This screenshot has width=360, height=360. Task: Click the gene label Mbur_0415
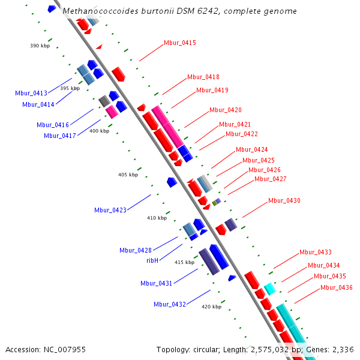coord(180,43)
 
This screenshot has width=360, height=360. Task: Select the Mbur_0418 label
coord(203,77)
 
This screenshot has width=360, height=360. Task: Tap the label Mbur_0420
coord(226,110)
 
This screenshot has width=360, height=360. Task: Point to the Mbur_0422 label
coord(242,134)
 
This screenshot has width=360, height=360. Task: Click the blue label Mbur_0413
coord(31,93)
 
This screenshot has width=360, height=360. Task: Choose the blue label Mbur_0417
coord(60,136)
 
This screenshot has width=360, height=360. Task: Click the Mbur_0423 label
coord(110,210)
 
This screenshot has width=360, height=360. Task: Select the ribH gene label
coord(152,260)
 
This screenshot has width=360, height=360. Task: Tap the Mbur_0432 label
coord(170,304)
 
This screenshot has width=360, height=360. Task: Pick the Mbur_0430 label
coord(284,200)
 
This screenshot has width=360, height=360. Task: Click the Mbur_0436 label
coord(337,287)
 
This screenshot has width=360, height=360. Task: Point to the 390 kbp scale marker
coord(40,46)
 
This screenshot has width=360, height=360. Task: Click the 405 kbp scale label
coord(128,175)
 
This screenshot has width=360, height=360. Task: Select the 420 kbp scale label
coord(211,307)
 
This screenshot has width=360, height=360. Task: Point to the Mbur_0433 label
coord(316,252)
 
